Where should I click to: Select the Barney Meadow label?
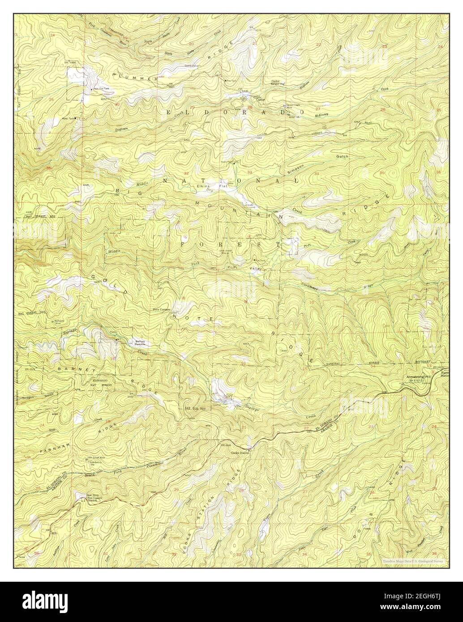pyautogui.click(x=140, y=343)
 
